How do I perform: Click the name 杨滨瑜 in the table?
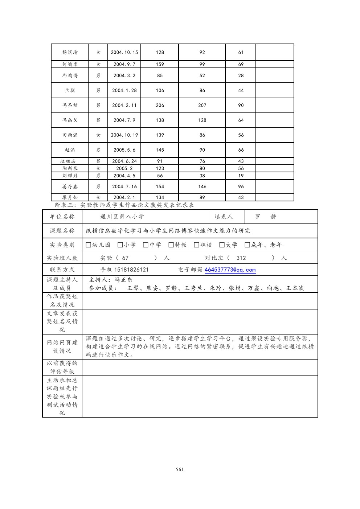(x=70, y=52)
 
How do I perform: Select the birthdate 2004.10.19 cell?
(x=124, y=135)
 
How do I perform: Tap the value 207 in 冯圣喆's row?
(x=202, y=105)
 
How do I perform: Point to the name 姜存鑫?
(x=70, y=186)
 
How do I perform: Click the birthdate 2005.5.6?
(x=124, y=150)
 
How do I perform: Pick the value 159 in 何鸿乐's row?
(x=160, y=64)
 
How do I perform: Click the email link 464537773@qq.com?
(x=230, y=270)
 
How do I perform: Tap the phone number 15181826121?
(x=131, y=270)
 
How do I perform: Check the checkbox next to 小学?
(x=120, y=245)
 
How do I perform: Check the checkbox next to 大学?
(x=222, y=245)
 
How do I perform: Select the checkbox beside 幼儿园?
(x=89, y=245)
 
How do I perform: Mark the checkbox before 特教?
(x=171, y=245)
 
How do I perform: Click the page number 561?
(x=180, y=469)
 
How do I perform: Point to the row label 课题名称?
(x=62, y=231)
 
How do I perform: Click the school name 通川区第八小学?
(x=122, y=217)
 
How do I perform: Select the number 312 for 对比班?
(x=241, y=258)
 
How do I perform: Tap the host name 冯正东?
(x=123, y=280)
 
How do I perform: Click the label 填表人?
(x=224, y=217)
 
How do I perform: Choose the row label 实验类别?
(x=62, y=245)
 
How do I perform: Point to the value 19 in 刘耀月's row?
(x=241, y=176)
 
